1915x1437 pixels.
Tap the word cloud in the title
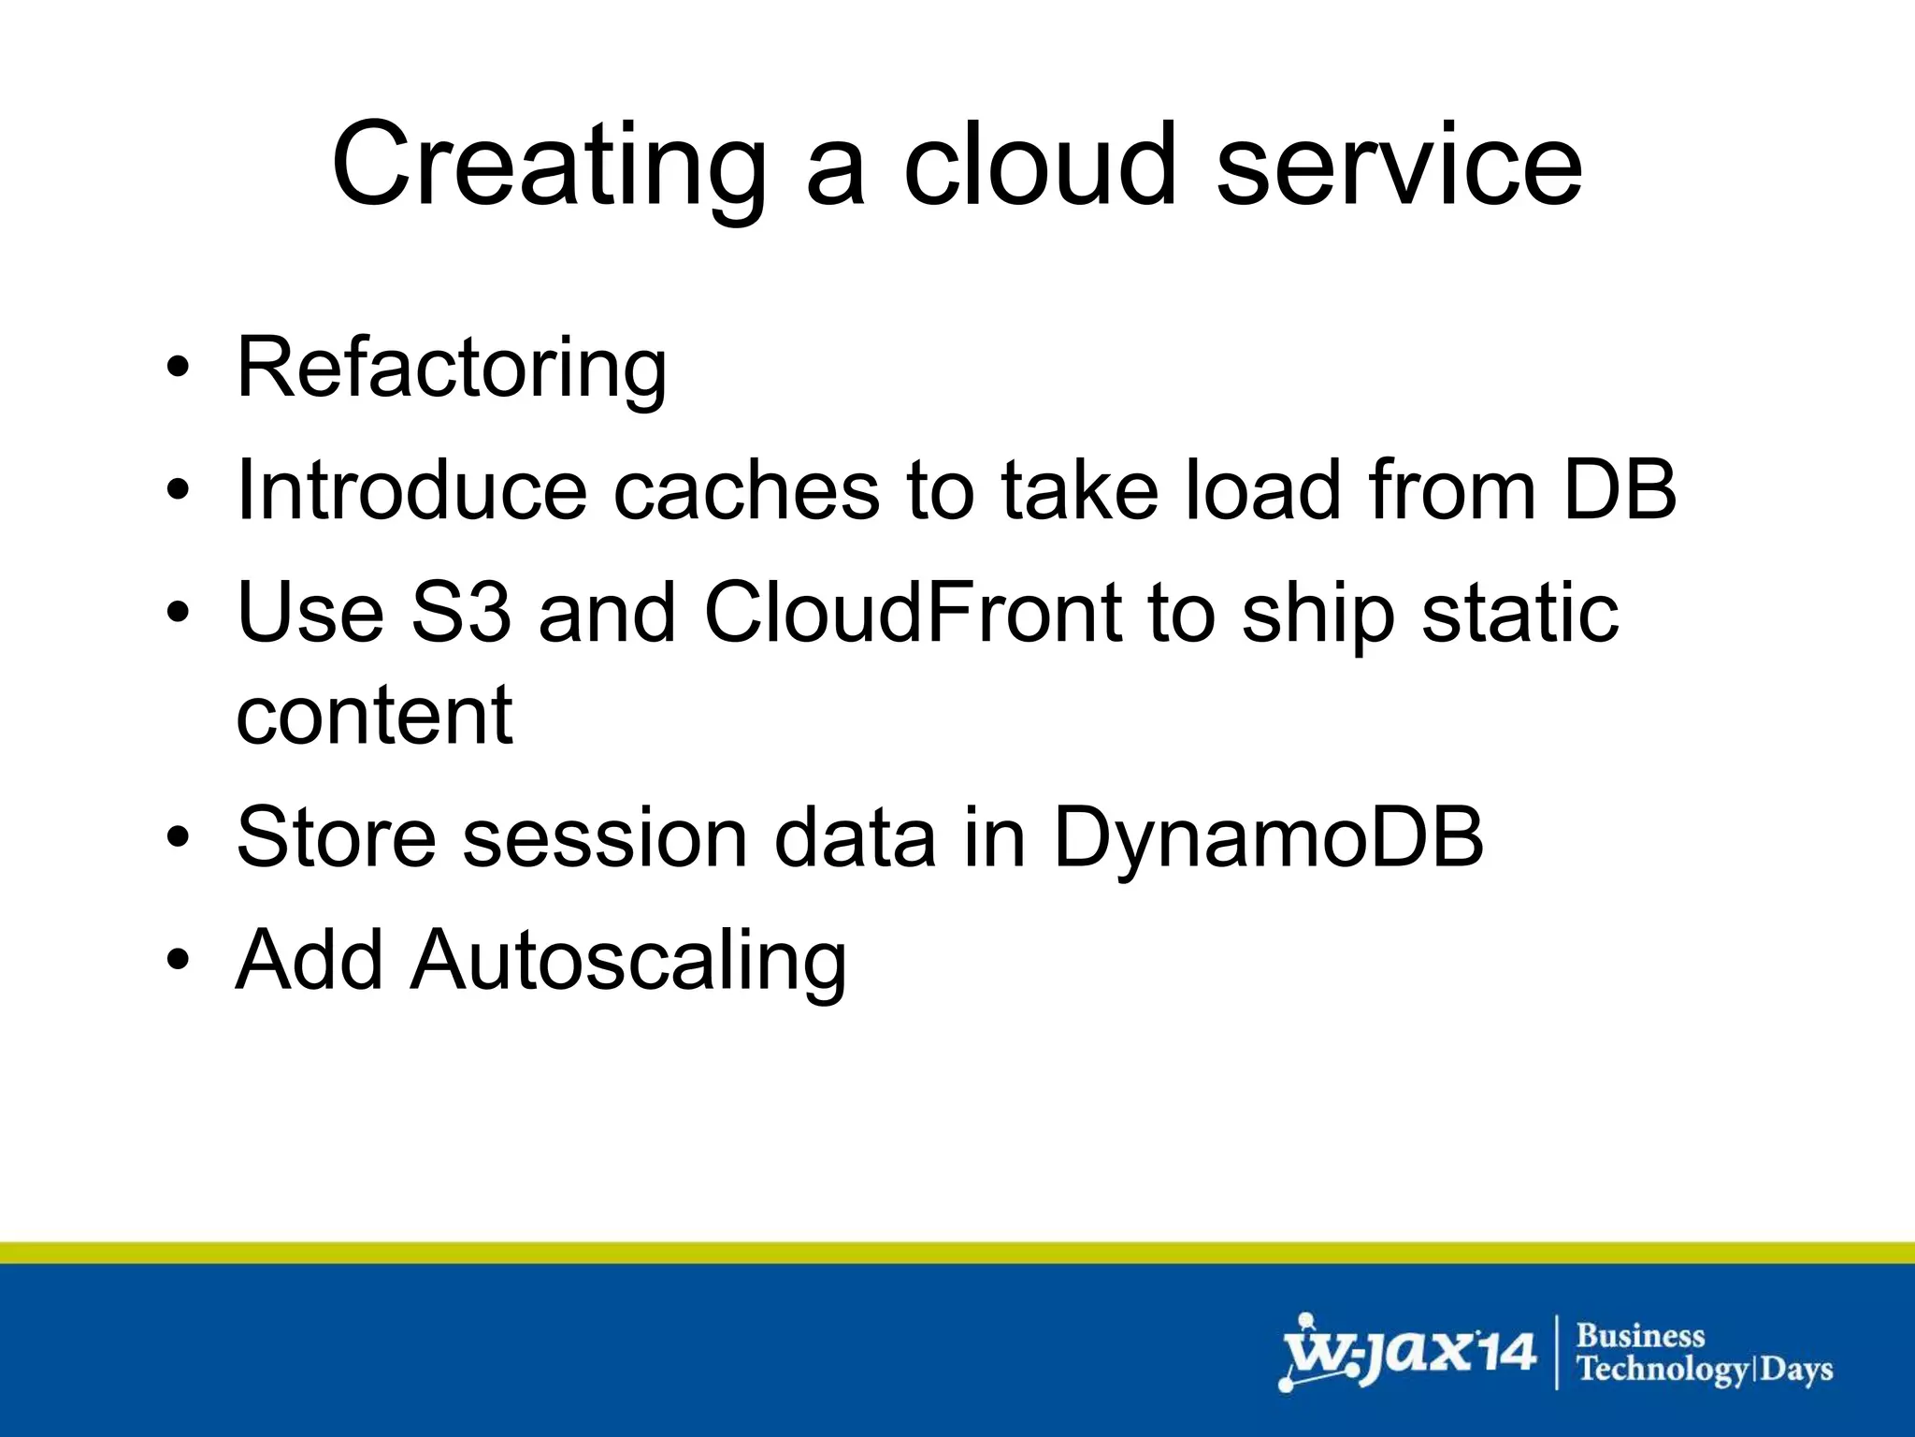1038,167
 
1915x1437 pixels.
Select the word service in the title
1399,167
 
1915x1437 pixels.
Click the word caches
745,490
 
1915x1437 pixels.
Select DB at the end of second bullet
1620,490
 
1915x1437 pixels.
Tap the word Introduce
411,490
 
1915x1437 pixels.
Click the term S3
461,613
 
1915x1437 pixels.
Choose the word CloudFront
913,613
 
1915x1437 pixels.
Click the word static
1519,613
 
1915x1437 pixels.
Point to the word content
374,715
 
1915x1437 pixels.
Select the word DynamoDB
1268,837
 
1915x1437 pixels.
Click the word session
605,837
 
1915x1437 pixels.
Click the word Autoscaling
628,961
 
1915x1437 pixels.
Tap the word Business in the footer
1640,1335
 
